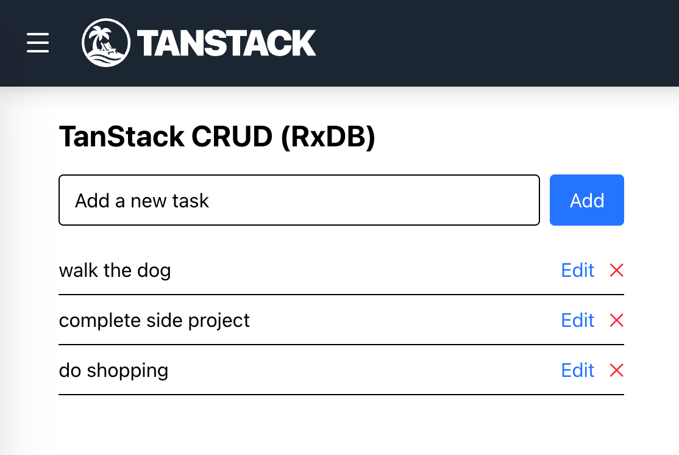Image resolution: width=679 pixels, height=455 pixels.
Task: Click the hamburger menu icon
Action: pyautogui.click(x=38, y=43)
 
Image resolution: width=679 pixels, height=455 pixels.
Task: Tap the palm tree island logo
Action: pyautogui.click(x=106, y=43)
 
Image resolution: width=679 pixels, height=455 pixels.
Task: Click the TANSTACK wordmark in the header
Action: pyautogui.click(x=227, y=43)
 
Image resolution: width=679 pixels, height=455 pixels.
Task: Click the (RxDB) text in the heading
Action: pyautogui.click(x=328, y=137)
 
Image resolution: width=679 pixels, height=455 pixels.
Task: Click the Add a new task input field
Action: pyautogui.click(x=299, y=200)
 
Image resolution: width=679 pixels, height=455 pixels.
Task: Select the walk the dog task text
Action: pyautogui.click(x=115, y=270)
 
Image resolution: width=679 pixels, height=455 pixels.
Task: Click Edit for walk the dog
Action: pyautogui.click(x=577, y=270)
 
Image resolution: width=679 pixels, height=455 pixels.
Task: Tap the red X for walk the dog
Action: pyautogui.click(x=616, y=270)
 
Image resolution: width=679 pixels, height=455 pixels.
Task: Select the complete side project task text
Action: pyautogui.click(x=154, y=320)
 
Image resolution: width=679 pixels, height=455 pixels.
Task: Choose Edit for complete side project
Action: pyautogui.click(x=577, y=320)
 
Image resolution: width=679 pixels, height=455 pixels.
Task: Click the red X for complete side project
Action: pyautogui.click(x=616, y=320)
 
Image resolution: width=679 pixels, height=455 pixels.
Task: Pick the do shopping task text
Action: pyautogui.click(x=113, y=370)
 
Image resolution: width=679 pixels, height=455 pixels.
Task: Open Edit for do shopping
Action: pyautogui.click(x=577, y=370)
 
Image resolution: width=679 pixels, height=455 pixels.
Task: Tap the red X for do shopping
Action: pyautogui.click(x=616, y=370)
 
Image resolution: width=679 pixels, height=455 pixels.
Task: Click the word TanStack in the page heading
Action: pyautogui.click(x=121, y=137)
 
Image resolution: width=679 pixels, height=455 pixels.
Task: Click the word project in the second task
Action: pyautogui.click(x=221, y=321)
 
